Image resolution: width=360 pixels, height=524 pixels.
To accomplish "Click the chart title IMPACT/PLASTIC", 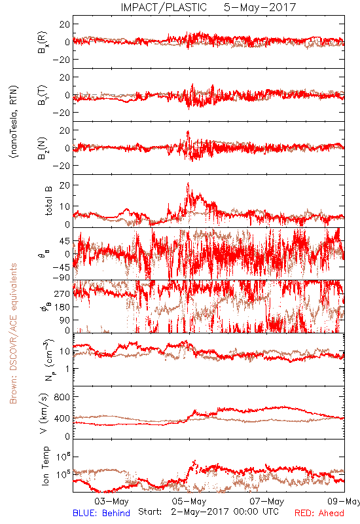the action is (164, 7).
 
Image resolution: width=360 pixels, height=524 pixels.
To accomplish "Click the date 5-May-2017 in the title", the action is (260, 7).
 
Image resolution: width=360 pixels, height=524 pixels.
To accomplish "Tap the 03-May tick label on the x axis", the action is (111, 501).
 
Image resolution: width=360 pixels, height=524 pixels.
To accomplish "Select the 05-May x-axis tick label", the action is (189, 501).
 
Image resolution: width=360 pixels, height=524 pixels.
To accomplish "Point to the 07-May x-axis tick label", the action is (267, 501).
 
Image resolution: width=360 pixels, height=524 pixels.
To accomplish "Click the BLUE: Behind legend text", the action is (101, 513).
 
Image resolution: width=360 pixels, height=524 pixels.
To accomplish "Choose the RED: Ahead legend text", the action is (319, 513).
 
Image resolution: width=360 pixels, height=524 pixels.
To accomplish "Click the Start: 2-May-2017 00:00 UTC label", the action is (208, 512).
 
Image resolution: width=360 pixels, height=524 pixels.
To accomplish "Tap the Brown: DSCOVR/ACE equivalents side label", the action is (13, 333).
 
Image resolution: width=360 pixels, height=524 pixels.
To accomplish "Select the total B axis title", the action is (48, 201).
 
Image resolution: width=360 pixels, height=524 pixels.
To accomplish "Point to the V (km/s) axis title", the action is (44, 413).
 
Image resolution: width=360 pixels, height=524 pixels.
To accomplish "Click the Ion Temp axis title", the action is (45, 466).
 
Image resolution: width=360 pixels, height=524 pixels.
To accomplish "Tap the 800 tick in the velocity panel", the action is (62, 397).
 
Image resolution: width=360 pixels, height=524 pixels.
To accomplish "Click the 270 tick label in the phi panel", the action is (62, 293).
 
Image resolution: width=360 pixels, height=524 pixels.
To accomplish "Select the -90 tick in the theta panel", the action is (62, 278).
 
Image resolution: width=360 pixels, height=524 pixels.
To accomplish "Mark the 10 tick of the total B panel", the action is (65, 206).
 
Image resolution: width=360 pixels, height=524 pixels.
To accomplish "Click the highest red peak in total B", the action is (188, 183).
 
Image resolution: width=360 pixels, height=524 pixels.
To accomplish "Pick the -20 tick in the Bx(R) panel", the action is (62, 60).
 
